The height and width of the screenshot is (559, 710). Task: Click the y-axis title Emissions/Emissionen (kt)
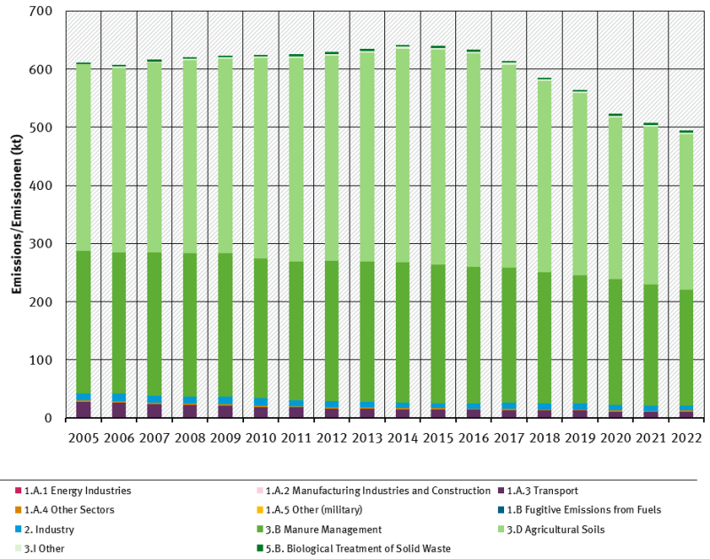click(15, 215)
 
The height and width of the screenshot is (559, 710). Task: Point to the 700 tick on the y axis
click(41, 12)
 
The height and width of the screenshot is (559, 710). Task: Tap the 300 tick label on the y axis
click(41, 244)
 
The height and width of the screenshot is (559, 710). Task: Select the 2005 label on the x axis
click(83, 438)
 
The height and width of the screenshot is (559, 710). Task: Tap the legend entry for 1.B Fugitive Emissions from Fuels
click(583, 510)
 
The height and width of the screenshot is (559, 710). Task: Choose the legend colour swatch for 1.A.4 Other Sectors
click(18, 510)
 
